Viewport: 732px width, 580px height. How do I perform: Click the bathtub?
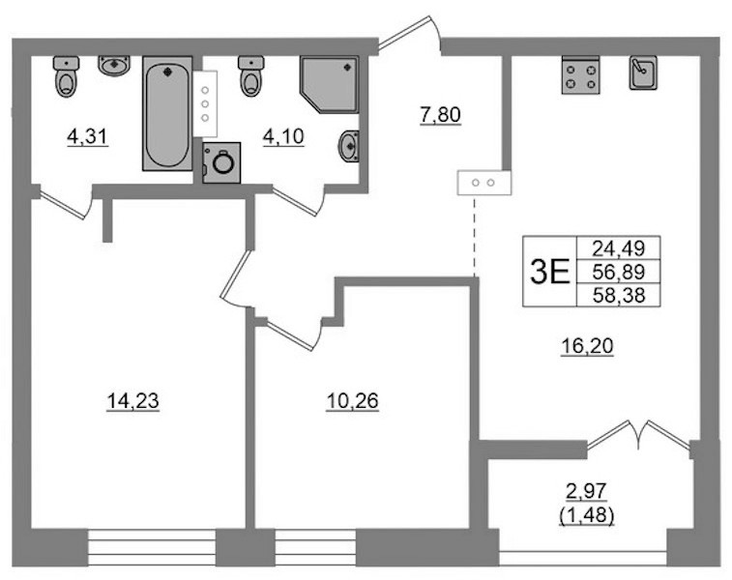point(167,113)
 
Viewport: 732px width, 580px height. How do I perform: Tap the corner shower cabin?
point(329,84)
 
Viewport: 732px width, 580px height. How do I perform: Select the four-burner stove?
point(581,75)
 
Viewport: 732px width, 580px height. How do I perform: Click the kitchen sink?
point(643,72)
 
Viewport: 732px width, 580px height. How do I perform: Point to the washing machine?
point(221,162)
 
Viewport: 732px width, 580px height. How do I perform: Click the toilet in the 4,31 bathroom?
point(67,76)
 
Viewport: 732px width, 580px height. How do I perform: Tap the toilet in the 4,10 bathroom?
point(251,76)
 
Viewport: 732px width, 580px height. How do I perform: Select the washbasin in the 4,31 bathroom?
point(114,66)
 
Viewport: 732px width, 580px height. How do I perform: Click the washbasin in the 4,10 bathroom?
point(348,146)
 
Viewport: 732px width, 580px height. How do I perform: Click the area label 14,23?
point(133,401)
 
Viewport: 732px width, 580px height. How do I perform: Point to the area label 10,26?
point(352,401)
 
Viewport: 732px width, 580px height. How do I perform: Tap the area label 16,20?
point(587,347)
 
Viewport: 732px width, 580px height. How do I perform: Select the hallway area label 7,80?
point(440,115)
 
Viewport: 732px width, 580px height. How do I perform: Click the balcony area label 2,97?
point(586,491)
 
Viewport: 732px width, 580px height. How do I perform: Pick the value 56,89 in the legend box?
point(619,272)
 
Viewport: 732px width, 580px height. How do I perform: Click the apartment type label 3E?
point(550,273)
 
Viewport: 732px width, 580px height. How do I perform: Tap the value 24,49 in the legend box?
point(619,248)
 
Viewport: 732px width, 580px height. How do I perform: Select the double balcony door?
point(638,435)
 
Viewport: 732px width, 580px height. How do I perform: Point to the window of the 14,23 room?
point(152,547)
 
